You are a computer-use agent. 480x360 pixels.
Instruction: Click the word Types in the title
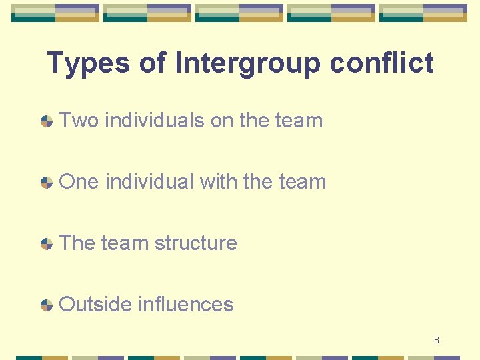coord(88,64)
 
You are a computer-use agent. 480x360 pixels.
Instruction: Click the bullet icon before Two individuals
coord(47,121)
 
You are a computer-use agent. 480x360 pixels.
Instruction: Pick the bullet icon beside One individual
coord(47,183)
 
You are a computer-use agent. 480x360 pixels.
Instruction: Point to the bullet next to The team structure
coord(47,244)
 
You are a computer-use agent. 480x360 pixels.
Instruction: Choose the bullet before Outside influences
coord(47,305)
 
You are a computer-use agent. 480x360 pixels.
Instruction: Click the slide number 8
coord(437,341)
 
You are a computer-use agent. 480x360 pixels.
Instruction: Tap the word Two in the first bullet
coord(79,121)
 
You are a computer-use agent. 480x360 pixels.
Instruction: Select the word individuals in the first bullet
coord(155,121)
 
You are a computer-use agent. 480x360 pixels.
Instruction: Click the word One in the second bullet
coord(79,182)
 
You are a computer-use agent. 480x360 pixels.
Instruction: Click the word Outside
coord(95,305)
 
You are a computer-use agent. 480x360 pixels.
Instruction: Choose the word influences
coord(186,305)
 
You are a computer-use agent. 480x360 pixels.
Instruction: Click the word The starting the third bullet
coord(77,243)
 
